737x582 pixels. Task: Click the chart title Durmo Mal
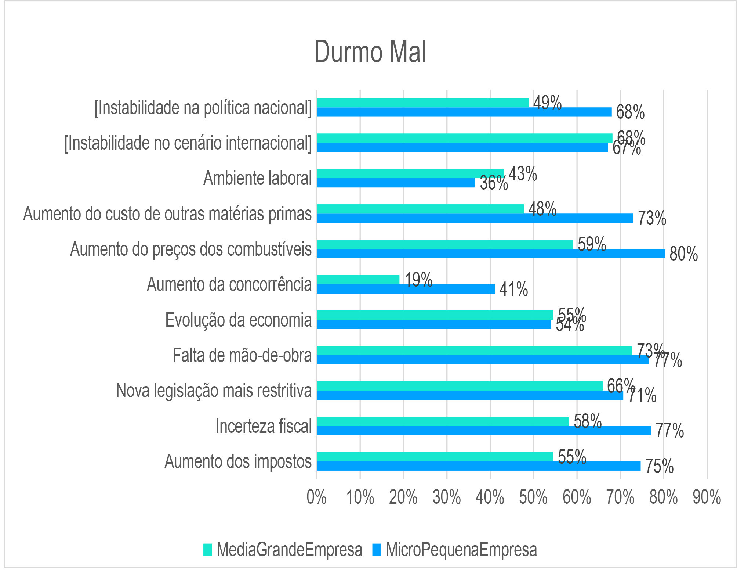pyautogui.click(x=370, y=52)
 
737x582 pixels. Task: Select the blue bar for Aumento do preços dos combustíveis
pyautogui.click(x=490, y=254)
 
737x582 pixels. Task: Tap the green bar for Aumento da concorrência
pyautogui.click(x=358, y=280)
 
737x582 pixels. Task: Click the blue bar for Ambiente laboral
pyautogui.click(x=396, y=183)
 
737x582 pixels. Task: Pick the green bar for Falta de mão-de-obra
pyautogui.click(x=474, y=351)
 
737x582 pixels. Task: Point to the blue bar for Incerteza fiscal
pyautogui.click(x=483, y=430)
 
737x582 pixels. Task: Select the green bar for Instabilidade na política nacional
pyautogui.click(x=422, y=103)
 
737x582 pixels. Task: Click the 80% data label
pyautogui.click(x=683, y=254)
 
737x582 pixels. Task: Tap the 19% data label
pyautogui.click(x=418, y=280)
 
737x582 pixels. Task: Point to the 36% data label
pyautogui.click(x=494, y=183)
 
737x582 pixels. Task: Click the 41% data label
pyautogui.click(x=513, y=289)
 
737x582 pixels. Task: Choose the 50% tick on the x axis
pyautogui.click(x=533, y=498)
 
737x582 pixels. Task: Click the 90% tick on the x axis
pyautogui.click(x=707, y=498)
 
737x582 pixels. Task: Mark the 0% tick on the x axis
pyautogui.click(x=317, y=498)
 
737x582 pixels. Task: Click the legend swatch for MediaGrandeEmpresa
pyautogui.click(x=208, y=550)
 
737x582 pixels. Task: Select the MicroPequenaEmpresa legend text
pyautogui.click(x=461, y=550)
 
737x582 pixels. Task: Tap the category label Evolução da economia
pyautogui.click(x=238, y=320)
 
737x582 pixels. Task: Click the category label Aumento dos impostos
pyautogui.click(x=238, y=461)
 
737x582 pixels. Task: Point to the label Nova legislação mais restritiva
pyautogui.click(x=214, y=391)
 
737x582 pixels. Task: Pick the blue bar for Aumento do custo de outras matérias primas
pyautogui.click(x=475, y=218)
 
